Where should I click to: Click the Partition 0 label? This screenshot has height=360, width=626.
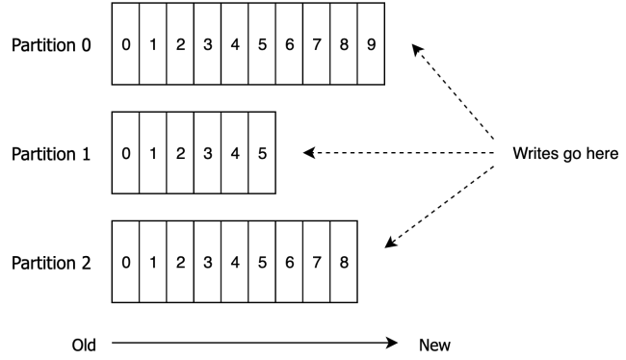pyautogui.click(x=52, y=45)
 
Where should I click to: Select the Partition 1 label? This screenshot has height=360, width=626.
pyautogui.click(x=52, y=153)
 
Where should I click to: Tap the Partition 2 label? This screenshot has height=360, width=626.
pyautogui.click(x=52, y=262)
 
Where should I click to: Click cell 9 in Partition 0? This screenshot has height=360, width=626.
pyautogui.click(x=371, y=45)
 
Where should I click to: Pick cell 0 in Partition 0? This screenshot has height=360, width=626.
pyautogui.click(x=126, y=45)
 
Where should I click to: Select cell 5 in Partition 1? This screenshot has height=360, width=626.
pyautogui.click(x=262, y=153)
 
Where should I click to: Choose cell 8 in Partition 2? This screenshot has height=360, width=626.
pyautogui.click(x=344, y=262)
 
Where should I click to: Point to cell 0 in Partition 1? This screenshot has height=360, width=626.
pyautogui.click(x=126, y=153)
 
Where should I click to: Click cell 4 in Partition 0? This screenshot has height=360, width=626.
pyautogui.click(x=235, y=45)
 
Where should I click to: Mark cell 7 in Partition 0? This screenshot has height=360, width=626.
pyautogui.click(x=317, y=45)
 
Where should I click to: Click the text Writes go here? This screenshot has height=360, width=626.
pyautogui.click(x=564, y=153)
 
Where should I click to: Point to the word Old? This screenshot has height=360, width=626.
pyautogui.click(x=84, y=344)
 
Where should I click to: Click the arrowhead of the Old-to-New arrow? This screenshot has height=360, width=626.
pyautogui.click(x=392, y=343)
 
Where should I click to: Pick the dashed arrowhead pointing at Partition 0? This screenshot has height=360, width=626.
pyautogui.click(x=415, y=47)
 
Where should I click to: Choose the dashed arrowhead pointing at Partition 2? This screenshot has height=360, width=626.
pyautogui.click(x=388, y=244)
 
